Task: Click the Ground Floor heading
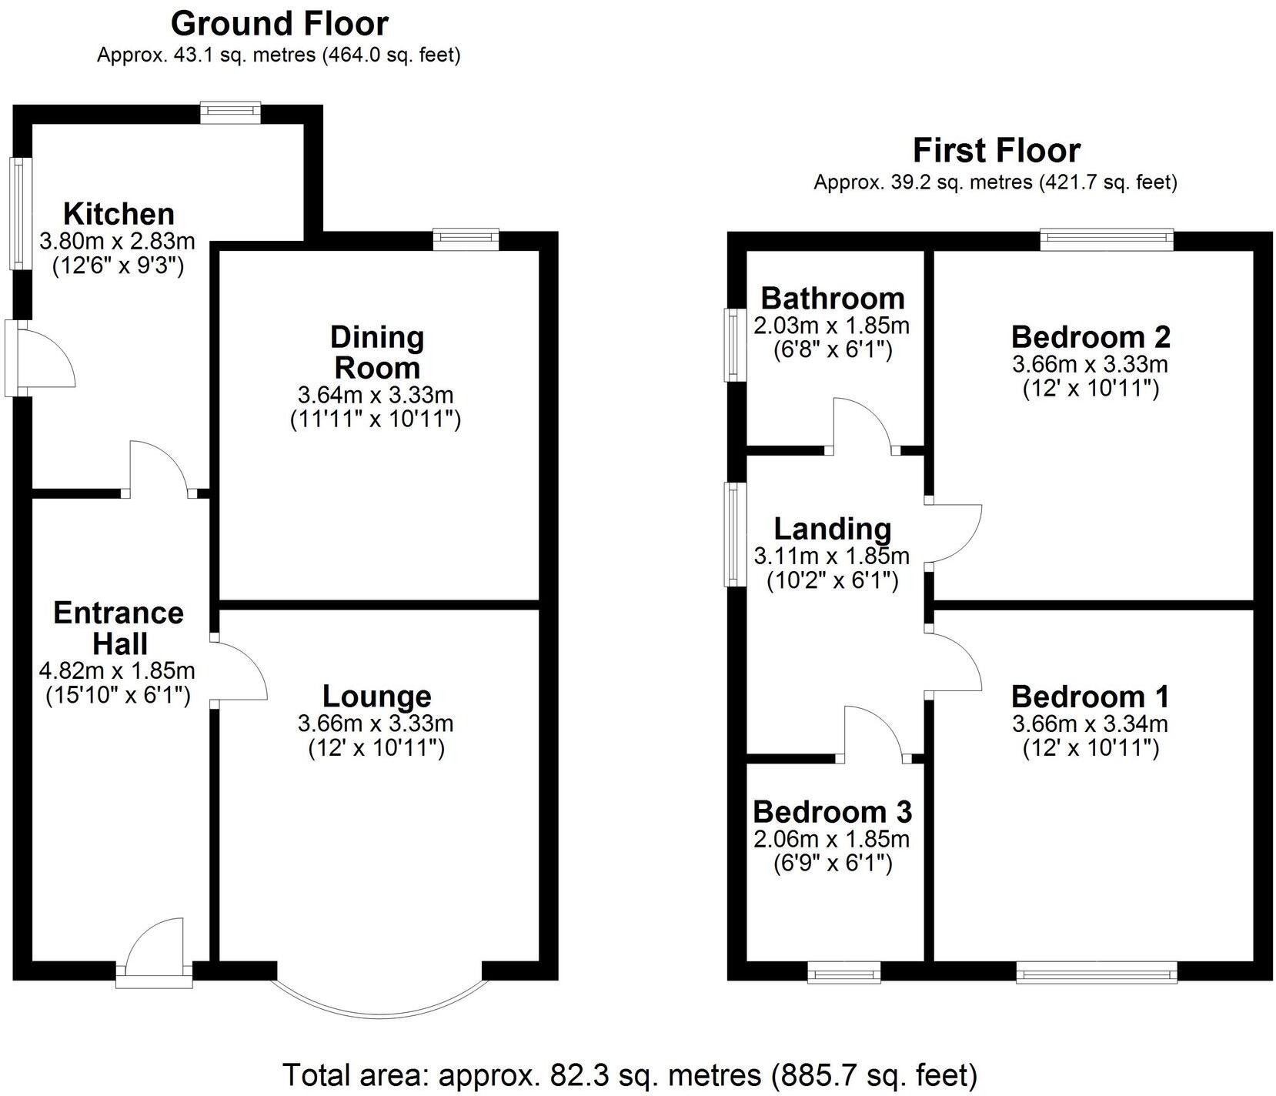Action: [x=279, y=24]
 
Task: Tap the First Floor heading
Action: [x=996, y=150]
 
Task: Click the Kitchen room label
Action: [x=119, y=213]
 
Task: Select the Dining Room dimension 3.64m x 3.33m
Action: [x=375, y=396]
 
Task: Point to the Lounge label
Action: [x=376, y=696]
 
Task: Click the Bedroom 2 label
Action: [x=1091, y=337]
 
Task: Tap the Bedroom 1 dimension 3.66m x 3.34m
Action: [x=1091, y=723]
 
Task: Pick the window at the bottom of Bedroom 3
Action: [x=844, y=974]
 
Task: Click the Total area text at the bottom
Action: [x=630, y=1074]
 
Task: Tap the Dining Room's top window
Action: [x=466, y=239]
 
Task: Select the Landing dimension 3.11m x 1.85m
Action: [x=832, y=555]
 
